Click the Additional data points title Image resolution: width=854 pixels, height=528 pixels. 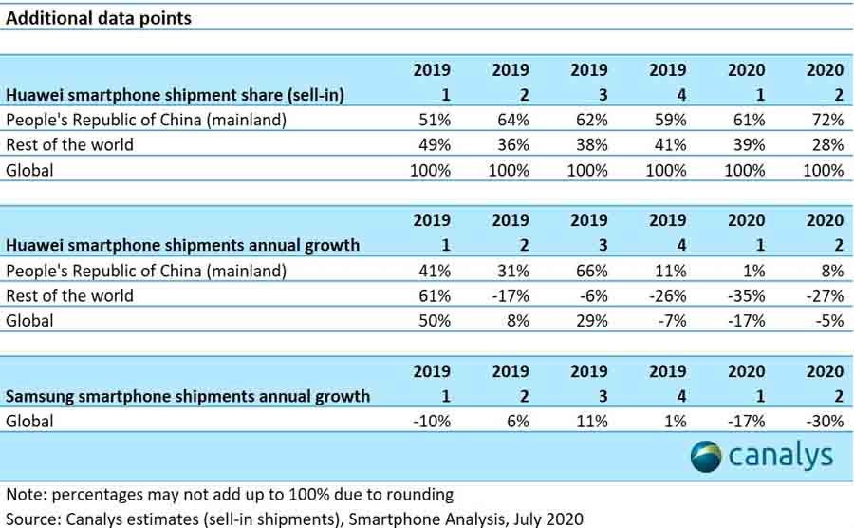(x=99, y=18)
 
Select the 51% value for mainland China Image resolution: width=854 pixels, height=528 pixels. (x=434, y=120)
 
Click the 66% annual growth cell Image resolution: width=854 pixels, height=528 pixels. (x=591, y=271)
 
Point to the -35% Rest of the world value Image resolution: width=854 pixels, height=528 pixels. (x=747, y=295)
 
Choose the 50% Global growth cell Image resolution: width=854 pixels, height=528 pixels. (x=434, y=321)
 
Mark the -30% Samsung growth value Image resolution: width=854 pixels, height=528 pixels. (x=825, y=421)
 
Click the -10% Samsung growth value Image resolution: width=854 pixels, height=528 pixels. (x=432, y=421)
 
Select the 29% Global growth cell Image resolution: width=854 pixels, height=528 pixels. (x=591, y=321)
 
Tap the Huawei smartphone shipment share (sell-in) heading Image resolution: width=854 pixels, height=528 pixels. (x=176, y=95)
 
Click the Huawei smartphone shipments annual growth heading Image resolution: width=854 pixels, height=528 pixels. (x=183, y=245)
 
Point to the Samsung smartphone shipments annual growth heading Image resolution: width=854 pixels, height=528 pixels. (x=188, y=396)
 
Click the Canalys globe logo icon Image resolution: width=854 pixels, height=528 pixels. (x=708, y=456)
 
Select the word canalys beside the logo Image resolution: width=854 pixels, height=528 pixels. (x=781, y=456)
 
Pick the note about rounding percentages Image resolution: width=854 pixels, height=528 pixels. (x=230, y=495)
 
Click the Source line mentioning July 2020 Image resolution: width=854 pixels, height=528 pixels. (x=294, y=519)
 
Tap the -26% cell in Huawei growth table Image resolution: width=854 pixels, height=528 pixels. (x=669, y=295)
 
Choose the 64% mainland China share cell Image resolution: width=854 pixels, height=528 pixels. (x=512, y=120)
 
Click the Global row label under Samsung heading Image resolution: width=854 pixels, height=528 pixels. (x=30, y=421)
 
